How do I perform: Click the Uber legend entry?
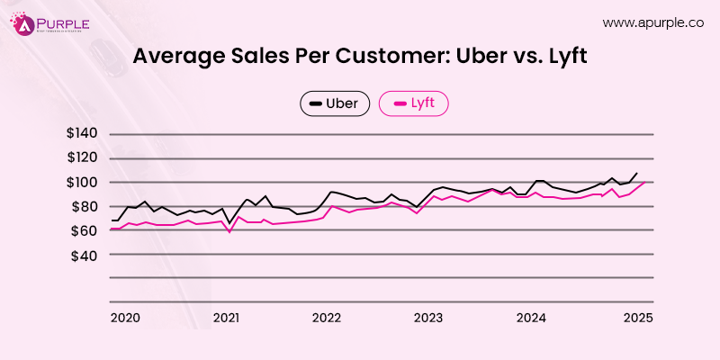click(x=335, y=104)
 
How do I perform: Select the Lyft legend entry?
click(x=413, y=104)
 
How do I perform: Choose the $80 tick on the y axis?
click(x=87, y=207)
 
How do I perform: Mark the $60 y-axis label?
click(x=87, y=231)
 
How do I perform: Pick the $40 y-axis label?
click(x=87, y=256)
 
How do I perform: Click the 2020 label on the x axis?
click(x=125, y=318)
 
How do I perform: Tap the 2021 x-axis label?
click(x=227, y=318)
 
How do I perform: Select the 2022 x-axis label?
click(x=328, y=318)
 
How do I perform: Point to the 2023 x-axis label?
click(x=429, y=318)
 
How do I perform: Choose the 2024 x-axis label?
click(x=532, y=318)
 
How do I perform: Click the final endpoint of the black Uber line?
click(x=637, y=173)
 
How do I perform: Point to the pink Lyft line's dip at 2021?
click(x=229, y=232)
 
